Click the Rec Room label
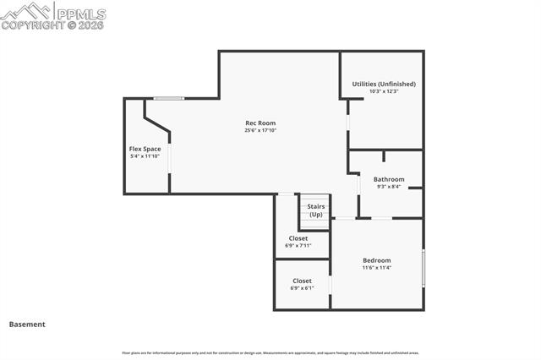(x=260, y=123)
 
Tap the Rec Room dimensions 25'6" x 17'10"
(x=260, y=130)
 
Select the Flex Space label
(x=145, y=150)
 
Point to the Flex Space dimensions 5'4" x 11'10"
(x=145, y=156)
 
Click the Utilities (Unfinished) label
(x=384, y=85)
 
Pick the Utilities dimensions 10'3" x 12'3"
(x=384, y=91)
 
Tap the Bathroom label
(x=389, y=179)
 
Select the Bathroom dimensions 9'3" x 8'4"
(x=389, y=186)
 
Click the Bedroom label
(x=377, y=260)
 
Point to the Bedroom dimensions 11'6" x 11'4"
(x=377, y=268)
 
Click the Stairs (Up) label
(x=316, y=210)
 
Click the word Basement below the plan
(x=27, y=324)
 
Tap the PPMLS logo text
(x=81, y=12)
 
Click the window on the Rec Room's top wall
(x=169, y=98)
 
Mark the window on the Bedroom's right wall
(x=424, y=268)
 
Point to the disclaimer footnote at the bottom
(x=270, y=352)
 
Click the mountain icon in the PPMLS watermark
(x=25, y=11)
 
